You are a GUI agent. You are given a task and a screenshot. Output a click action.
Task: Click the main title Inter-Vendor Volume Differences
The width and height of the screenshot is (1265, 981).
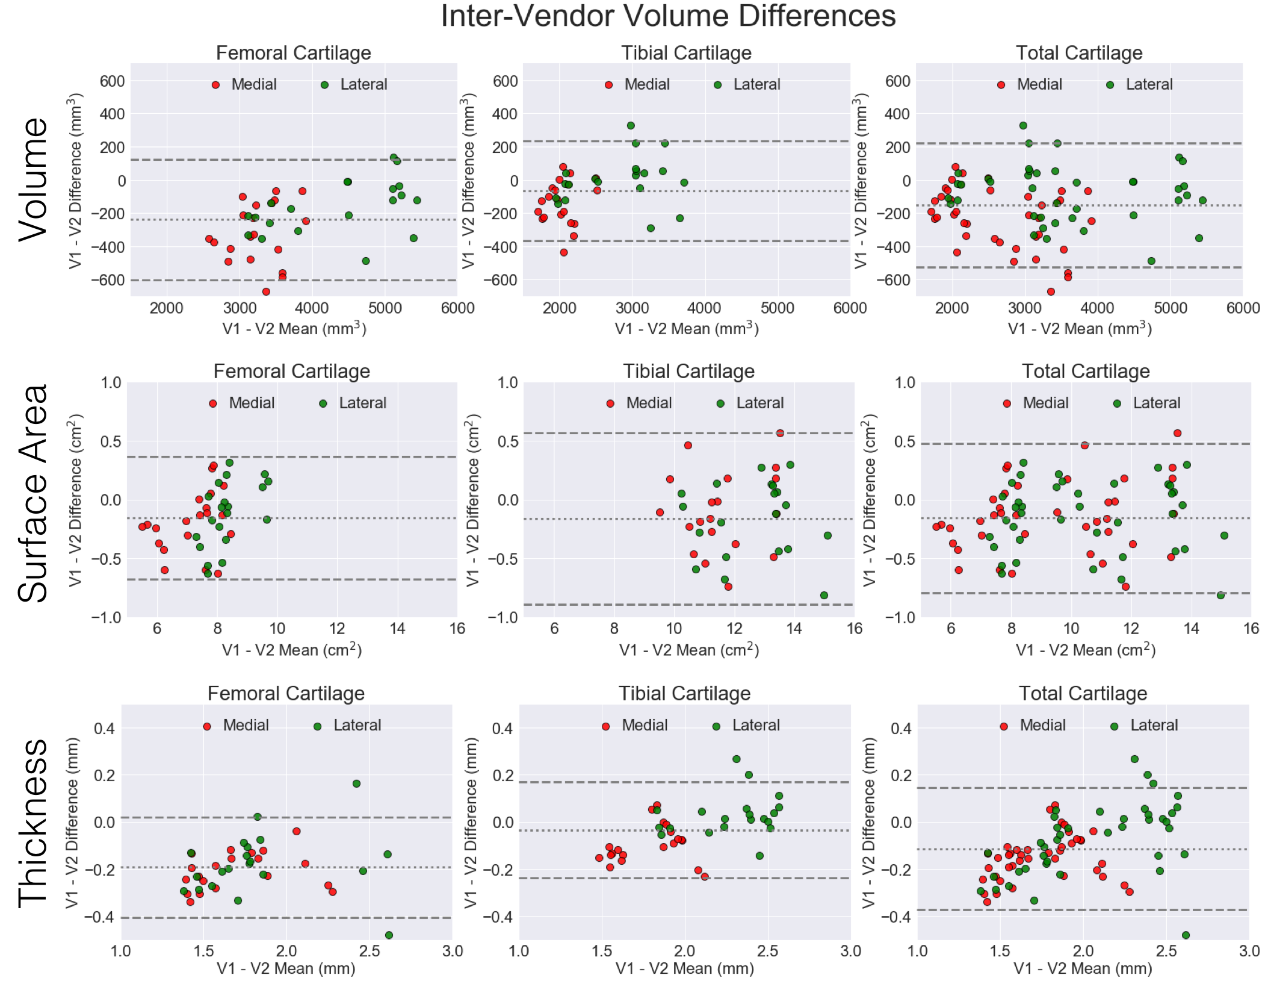pyautogui.click(x=668, y=16)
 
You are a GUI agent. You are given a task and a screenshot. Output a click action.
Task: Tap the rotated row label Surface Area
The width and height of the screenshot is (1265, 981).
pyautogui.click(x=33, y=494)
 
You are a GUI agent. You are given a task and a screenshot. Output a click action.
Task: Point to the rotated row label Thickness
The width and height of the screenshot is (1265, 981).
pyautogui.click(x=33, y=823)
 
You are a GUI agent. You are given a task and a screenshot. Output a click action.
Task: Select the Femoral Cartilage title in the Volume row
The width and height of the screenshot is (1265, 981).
pyautogui.click(x=293, y=53)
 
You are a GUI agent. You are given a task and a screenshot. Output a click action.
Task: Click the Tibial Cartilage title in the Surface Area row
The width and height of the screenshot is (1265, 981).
pyautogui.click(x=688, y=372)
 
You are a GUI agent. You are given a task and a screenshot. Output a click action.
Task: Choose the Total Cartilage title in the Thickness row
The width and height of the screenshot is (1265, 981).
pyautogui.click(x=1083, y=694)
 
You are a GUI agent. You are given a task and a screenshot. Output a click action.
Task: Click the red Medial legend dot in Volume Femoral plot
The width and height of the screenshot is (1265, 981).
pyautogui.click(x=215, y=85)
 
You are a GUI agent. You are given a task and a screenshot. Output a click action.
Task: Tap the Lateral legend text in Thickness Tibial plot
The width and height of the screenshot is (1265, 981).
pyautogui.click(x=756, y=726)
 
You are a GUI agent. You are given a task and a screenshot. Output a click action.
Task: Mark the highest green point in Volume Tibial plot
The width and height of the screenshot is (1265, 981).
pyautogui.click(x=631, y=126)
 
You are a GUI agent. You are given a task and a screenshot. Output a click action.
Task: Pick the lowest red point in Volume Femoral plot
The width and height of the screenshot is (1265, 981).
pyautogui.click(x=266, y=291)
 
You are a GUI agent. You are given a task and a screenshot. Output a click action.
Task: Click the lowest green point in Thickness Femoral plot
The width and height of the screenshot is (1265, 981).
pyautogui.click(x=389, y=935)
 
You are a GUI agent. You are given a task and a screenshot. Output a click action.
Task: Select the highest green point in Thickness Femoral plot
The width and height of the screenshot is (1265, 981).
pyautogui.click(x=356, y=783)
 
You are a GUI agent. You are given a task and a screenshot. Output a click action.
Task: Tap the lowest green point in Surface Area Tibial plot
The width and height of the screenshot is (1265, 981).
pyautogui.click(x=824, y=595)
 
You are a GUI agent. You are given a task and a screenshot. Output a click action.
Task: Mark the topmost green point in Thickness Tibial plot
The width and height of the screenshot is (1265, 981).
pyautogui.click(x=736, y=759)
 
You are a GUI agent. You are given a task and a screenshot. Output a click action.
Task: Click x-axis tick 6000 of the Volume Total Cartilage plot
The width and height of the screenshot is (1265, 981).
pyautogui.click(x=1243, y=308)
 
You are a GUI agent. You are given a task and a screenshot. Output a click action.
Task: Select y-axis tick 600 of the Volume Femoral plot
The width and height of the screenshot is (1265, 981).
pyautogui.click(x=112, y=81)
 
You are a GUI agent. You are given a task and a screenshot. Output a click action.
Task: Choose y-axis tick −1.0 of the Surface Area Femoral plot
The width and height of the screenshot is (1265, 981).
pyautogui.click(x=107, y=617)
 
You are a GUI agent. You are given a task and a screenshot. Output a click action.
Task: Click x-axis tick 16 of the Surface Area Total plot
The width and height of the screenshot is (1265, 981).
pyautogui.click(x=1251, y=629)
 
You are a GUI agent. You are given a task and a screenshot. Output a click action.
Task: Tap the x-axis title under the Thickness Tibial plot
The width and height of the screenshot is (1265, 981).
pyautogui.click(x=684, y=968)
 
